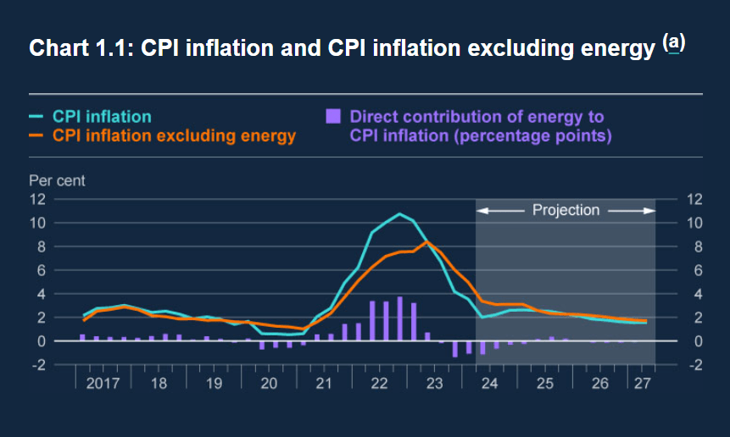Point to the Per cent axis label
pyautogui.click(x=57, y=180)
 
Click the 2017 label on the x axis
pyautogui.click(x=103, y=384)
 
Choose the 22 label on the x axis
pyautogui.click(x=379, y=384)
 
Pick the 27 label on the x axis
pyautogui.click(x=641, y=384)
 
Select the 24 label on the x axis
pyautogui.click(x=489, y=384)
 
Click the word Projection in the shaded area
pyautogui.click(x=566, y=210)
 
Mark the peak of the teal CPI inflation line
pyautogui.click(x=399, y=213)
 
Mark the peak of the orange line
pyautogui.click(x=428, y=242)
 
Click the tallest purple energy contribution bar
pyautogui.click(x=399, y=318)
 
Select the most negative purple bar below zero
pyautogui.click(x=454, y=349)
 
